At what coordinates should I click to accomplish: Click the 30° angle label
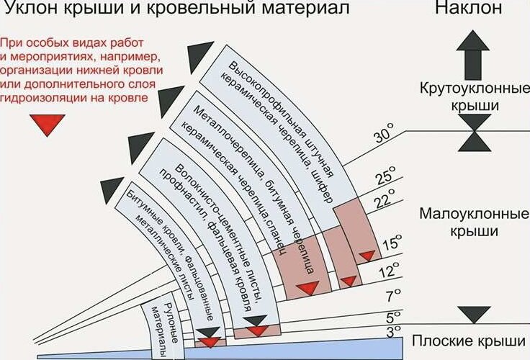pyautogui.click(x=386, y=138)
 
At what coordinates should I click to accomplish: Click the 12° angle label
pyautogui.click(x=390, y=271)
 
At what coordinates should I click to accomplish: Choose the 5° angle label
pyautogui.click(x=392, y=317)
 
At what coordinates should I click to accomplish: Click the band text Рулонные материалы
pyautogui.click(x=163, y=328)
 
